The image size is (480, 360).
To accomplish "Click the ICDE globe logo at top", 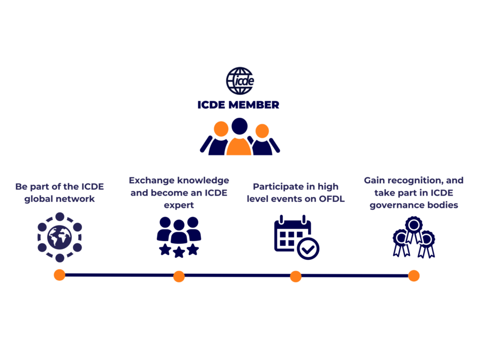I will coord(239,80).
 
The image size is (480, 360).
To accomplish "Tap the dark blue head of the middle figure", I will coord(239,126).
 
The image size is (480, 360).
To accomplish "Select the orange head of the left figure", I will coord(221,129).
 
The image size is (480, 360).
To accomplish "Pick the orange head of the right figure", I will coord(262,131).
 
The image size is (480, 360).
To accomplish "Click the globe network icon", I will coord(59,237).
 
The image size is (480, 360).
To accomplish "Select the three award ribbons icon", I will coord(414,237).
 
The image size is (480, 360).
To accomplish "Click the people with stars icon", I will coord(179,237).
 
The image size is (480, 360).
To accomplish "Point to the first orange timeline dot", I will coord(59,275).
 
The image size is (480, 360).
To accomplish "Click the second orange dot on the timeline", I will coord(179,276).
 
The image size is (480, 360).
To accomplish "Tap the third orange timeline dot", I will coord(296,276).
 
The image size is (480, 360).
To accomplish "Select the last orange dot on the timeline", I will coord(414,276).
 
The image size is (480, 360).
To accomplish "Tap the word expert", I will coord(178,205).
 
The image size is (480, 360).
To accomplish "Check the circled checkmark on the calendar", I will coord(308,249).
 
